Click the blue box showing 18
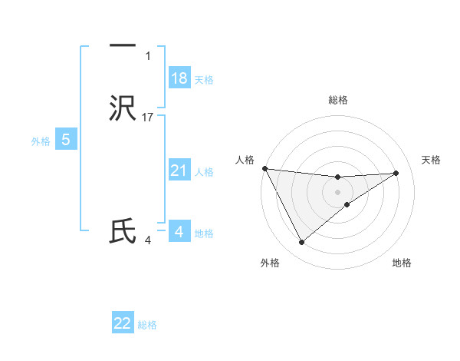pos(179,78)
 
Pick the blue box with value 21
pos(179,171)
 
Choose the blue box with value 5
pos(66,140)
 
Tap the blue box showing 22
pos(123,323)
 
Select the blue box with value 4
pos(179,231)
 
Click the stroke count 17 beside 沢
pos(148,118)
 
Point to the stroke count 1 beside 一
pos(148,56)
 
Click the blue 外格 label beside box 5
pos(41,141)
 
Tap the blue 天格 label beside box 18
pos(204,80)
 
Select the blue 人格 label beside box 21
pos(204,172)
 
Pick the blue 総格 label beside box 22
pos(147,325)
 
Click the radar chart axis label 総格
pos(338,100)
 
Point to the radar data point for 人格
pos(264,168)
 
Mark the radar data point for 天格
pos(396,173)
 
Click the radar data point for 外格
pos(301,243)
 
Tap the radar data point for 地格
pos(347,204)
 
